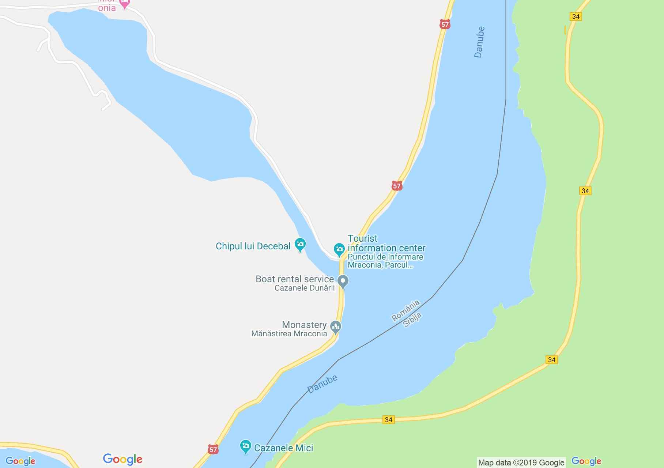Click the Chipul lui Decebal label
click(253, 246)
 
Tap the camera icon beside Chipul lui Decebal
click(300, 244)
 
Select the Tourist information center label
click(386, 243)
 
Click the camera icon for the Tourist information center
click(339, 249)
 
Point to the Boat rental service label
click(294, 279)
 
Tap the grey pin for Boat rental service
click(343, 282)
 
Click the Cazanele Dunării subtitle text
click(305, 288)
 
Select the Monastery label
click(304, 325)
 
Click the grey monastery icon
click(336, 326)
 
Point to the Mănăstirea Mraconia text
click(289, 333)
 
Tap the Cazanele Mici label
click(283, 448)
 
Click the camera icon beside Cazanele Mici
click(245, 446)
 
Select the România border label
click(405, 311)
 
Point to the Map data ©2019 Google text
click(521, 463)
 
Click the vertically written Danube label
click(479, 42)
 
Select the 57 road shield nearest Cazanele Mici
click(213, 449)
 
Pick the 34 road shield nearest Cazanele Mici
click(389, 419)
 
